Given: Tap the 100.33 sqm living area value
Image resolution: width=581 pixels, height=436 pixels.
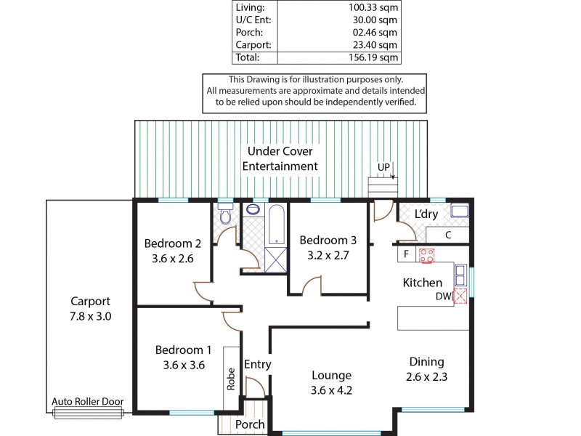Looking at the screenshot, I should coord(372,7).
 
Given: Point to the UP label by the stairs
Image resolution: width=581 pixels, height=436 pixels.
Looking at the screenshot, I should coord(383,167).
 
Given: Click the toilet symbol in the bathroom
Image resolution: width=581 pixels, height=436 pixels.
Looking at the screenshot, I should coord(225,214).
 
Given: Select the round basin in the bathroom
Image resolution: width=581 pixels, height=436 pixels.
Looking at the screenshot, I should coord(252,209).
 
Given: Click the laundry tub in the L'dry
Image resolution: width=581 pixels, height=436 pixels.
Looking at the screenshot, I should coord(459,211).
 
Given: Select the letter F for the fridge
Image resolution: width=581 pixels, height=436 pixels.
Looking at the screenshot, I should coord(407,255).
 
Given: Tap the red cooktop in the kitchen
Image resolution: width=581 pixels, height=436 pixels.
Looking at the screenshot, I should coord(426,255).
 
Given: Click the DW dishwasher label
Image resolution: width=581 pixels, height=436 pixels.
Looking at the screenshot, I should coord(442,296).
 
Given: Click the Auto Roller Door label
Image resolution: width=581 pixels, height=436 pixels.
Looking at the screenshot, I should coord(88,402).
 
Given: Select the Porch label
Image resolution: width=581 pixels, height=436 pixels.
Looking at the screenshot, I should coord(251,424).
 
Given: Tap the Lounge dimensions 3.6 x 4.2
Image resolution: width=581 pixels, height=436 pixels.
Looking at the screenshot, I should coord(331,390).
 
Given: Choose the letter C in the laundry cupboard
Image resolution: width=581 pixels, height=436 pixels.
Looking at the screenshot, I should coord(448,235).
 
